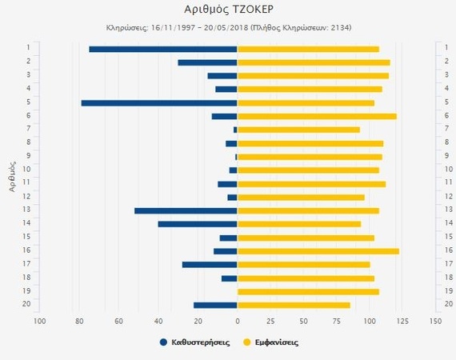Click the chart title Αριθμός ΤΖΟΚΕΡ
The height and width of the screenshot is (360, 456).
click(x=228, y=10)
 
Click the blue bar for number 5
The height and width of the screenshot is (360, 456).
click(x=159, y=102)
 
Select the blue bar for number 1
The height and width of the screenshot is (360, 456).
click(x=163, y=49)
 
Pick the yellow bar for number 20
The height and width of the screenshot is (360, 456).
click(x=294, y=305)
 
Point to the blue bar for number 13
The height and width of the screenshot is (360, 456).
click(x=186, y=210)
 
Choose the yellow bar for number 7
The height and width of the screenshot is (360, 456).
click(x=298, y=130)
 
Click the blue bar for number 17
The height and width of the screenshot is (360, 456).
click(x=210, y=264)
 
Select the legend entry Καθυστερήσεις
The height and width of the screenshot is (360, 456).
click(x=195, y=342)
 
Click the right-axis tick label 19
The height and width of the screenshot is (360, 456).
click(x=449, y=291)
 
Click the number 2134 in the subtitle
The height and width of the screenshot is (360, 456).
click(x=338, y=27)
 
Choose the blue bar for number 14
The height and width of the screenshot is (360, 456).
click(x=198, y=224)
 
